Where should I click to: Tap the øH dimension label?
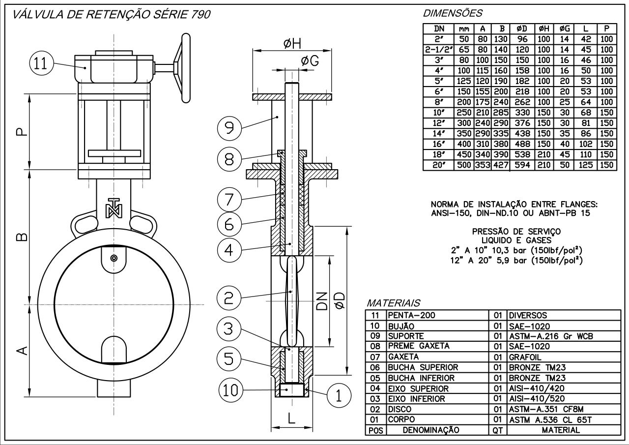(x=293, y=44)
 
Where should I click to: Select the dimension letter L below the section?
(x=292, y=419)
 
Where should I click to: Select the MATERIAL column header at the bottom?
(x=560, y=430)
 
